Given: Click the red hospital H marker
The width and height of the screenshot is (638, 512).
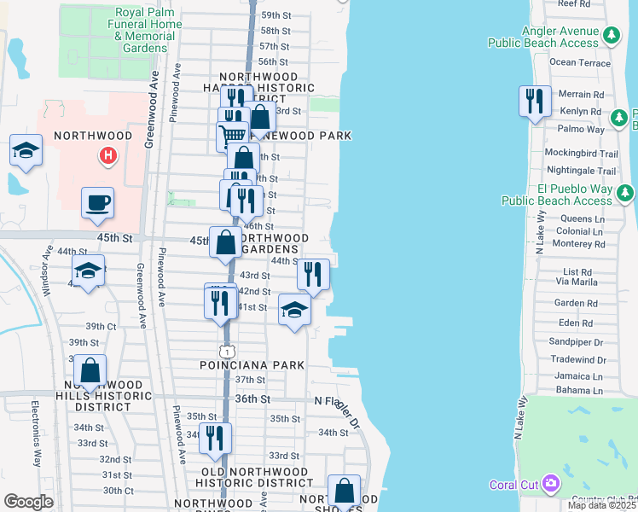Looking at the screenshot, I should [x=107, y=155].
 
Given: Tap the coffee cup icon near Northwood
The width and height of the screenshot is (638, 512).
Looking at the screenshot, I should [x=97, y=203].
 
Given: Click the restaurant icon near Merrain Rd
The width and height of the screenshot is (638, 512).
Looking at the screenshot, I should [x=535, y=102].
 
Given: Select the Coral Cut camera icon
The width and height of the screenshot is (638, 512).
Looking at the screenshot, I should [x=550, y=484].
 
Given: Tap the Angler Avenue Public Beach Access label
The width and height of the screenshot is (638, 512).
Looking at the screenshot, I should [x=543, y=36].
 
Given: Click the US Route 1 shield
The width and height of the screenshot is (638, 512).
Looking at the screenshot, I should [x=226, y=351].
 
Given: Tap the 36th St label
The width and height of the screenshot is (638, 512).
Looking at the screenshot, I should [x=252, y=399].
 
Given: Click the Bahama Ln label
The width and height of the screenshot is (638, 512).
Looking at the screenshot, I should [x=578, y=391].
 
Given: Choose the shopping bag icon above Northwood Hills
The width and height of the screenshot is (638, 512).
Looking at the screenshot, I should [x=90, y=371].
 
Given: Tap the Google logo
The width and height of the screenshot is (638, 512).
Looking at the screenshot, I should [x=28, y=501].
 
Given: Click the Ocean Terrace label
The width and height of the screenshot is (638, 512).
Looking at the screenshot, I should [x=580, y=62].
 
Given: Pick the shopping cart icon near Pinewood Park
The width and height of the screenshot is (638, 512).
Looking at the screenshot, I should [x=231, y=135].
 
